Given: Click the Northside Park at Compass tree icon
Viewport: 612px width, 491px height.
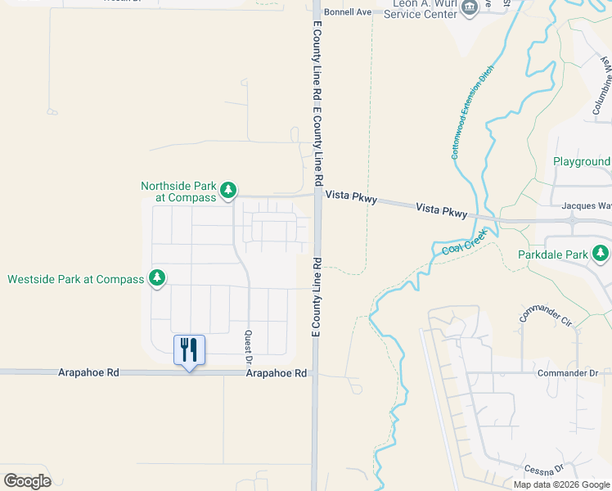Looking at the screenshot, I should click(x=228, y=191).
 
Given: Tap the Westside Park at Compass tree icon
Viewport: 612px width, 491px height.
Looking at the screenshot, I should click(x=155, y=279).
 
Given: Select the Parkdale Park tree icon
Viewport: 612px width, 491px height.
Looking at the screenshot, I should click(x=601, y=255).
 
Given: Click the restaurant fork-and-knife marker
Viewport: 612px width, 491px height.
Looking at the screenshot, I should click(x=189, y=350).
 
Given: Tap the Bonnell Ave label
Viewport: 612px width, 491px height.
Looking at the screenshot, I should click(x=348, y=12).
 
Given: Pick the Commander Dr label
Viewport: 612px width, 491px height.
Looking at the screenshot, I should click(x=568, y=373).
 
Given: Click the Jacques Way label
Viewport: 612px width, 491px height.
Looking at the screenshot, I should click(x=587, y=207).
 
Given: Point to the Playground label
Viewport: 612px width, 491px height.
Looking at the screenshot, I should click(x=582, y=162).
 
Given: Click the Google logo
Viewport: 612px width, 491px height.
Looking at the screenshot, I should click(x=27, y=480).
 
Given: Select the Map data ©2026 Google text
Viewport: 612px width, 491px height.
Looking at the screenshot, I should click(x=560, y=484).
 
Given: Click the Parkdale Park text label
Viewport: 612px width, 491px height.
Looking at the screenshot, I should click(x=553, y=255).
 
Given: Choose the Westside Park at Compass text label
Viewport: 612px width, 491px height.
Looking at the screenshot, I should click(x=75, y=279).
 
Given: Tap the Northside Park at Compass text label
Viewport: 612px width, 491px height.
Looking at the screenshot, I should click(x=178, y=191).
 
